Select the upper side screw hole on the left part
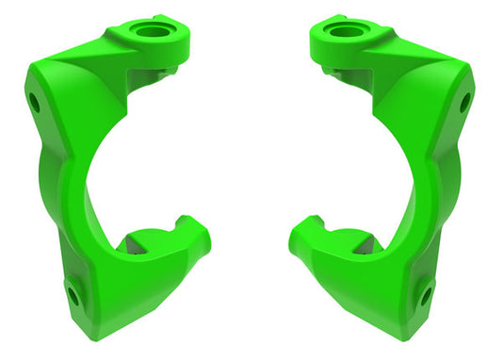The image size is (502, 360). tap(34, 101)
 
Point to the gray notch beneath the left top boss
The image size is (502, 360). tap(168, 72)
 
